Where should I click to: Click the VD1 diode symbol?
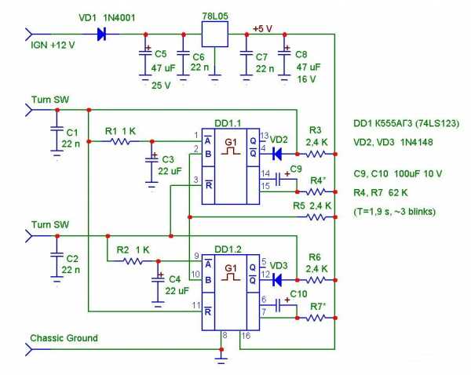[x=101, y=35]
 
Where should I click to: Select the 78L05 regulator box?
[x=215, y=34]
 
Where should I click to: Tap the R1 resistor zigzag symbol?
[x=120, y=141]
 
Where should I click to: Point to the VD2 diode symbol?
[x=277, y=154]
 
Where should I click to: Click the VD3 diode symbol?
[x=277, y=280]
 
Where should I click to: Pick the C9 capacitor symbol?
[x=279, y=179]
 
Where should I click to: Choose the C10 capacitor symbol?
[x=279, y=305]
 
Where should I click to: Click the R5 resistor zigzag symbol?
[x=316, y=217]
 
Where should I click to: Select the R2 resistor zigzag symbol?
[x=133, y=261]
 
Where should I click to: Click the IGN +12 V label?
[x=53, y=46]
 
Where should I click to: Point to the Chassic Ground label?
[x=64, y=338]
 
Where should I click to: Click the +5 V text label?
[x=262, y=29]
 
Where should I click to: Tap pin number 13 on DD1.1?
[x=264, y=136]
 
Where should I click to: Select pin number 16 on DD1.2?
[x=246, y=336]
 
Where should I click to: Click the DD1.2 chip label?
[x=228, y=249]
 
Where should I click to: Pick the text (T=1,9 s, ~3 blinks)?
[x=395, y=212]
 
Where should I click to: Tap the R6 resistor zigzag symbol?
[x=316, y=280]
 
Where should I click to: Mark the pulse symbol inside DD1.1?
[x=231, y=151]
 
